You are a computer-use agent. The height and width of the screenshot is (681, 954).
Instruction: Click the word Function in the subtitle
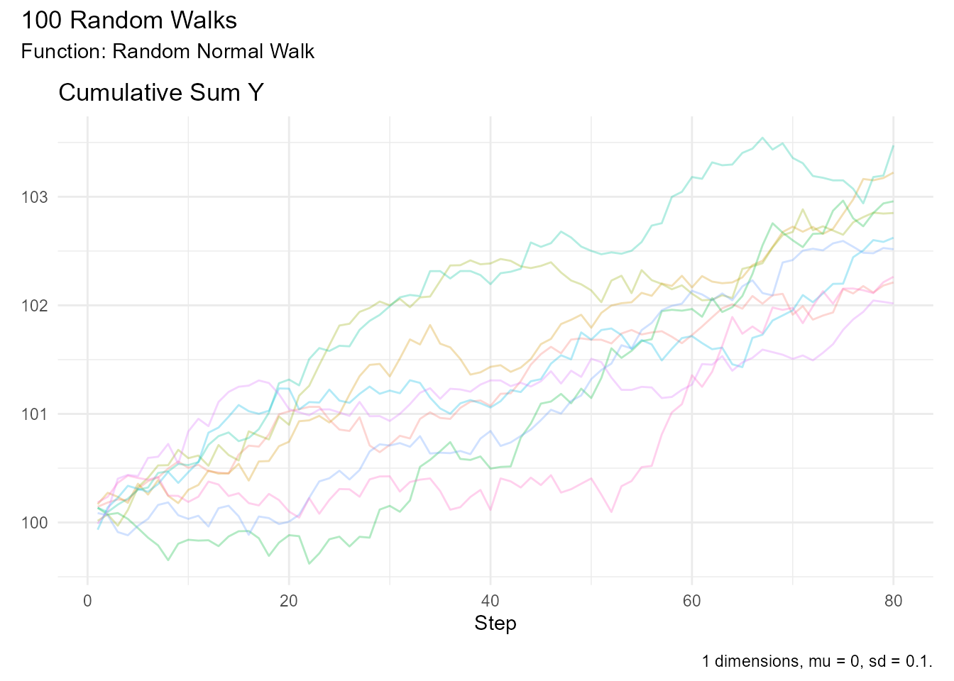(x=64, y=52)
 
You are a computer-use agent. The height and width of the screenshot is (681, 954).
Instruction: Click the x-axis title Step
(x=495, y=624)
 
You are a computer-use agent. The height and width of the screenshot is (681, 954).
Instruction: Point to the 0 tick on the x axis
(x=87, y=602)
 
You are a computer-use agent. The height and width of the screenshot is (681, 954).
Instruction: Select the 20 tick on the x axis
(x=289, y=602)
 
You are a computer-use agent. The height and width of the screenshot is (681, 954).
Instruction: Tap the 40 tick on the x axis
(x=490, y=602)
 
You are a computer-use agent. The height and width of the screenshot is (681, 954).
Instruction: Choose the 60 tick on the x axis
(x=692, y=602)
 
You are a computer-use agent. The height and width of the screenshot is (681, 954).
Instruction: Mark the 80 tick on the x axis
(x=894, y=602)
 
